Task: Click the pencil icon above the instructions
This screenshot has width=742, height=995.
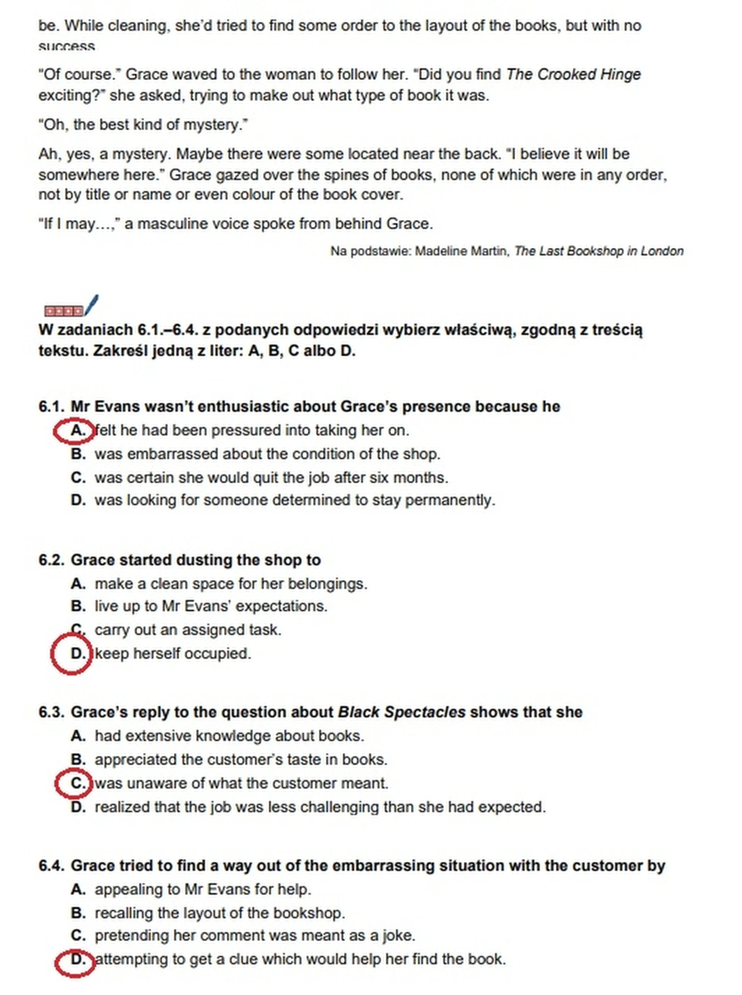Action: tap(91, 304)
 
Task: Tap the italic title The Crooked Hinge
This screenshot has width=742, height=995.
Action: tap(573, 74)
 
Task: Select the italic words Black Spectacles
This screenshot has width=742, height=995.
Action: tap(401, 712)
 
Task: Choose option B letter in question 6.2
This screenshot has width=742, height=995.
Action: tap(78, 606)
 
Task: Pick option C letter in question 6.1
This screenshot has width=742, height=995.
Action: tap(78, 477)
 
